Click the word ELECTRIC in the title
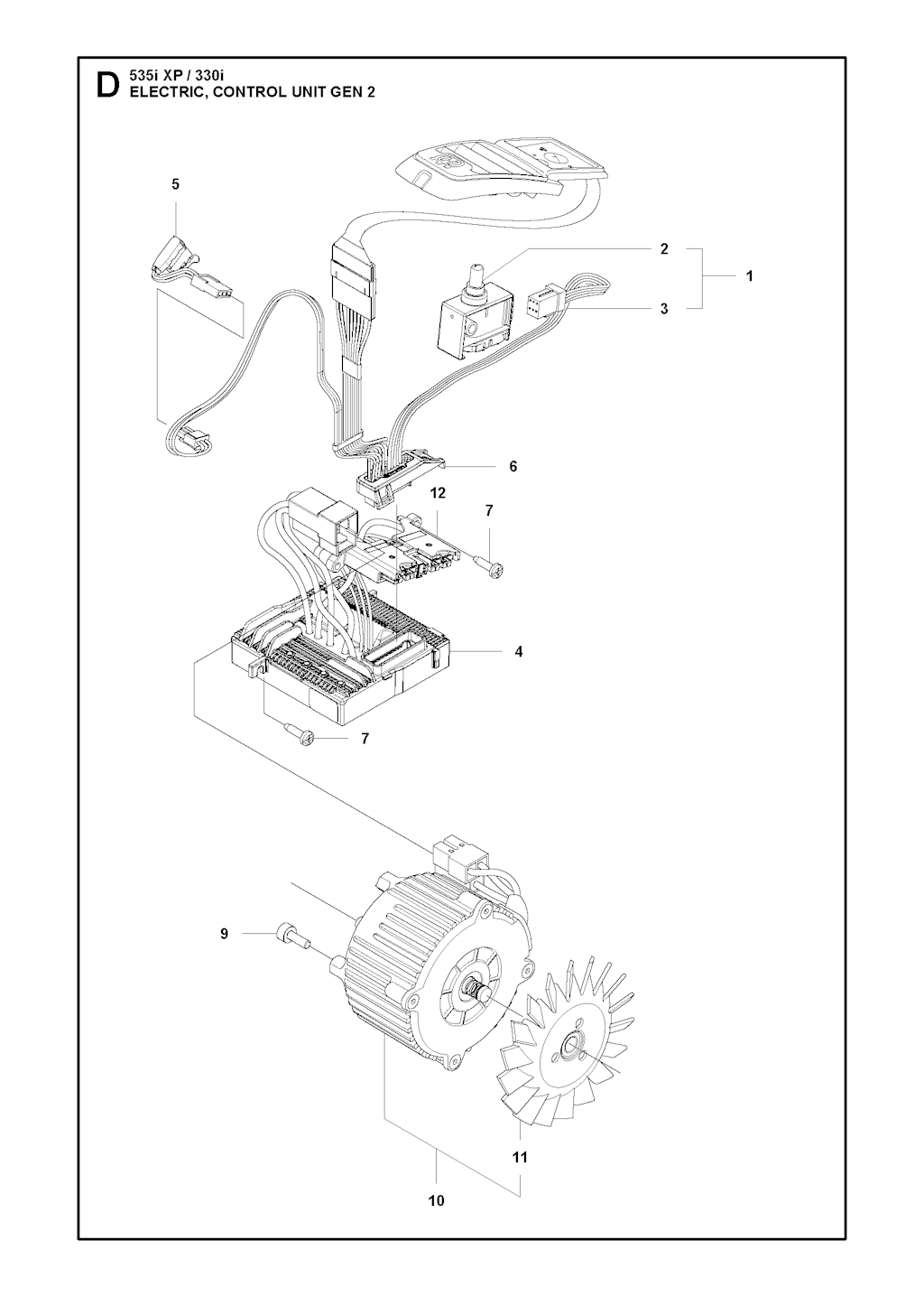coord(159,92)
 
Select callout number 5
coord(175,184)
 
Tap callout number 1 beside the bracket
coord(749,276)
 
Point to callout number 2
coord(664,248)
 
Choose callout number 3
coord(664,309)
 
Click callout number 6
coord(513,466)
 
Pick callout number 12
coord(438,493)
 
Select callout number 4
coord(519,651)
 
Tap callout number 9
coord(225,933)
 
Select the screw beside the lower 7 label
coord(299,733)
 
